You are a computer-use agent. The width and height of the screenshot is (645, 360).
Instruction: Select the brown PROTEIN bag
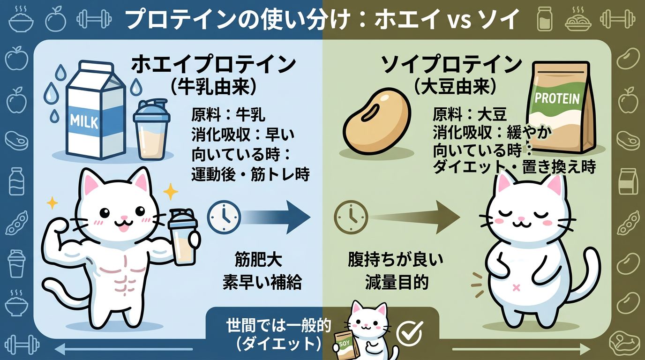559,107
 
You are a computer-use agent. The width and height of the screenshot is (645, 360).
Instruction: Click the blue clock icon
224,217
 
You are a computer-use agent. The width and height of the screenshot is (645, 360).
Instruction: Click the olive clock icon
351,217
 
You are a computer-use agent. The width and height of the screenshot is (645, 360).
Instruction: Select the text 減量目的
397,282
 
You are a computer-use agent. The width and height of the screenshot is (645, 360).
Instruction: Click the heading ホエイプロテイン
213,65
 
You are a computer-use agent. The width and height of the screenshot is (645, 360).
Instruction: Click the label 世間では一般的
279,326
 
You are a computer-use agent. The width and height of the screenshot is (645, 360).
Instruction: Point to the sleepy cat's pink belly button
516,287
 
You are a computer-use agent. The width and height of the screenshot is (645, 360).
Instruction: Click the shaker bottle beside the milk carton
151,129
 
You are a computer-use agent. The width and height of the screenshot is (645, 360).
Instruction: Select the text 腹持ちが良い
395,260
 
